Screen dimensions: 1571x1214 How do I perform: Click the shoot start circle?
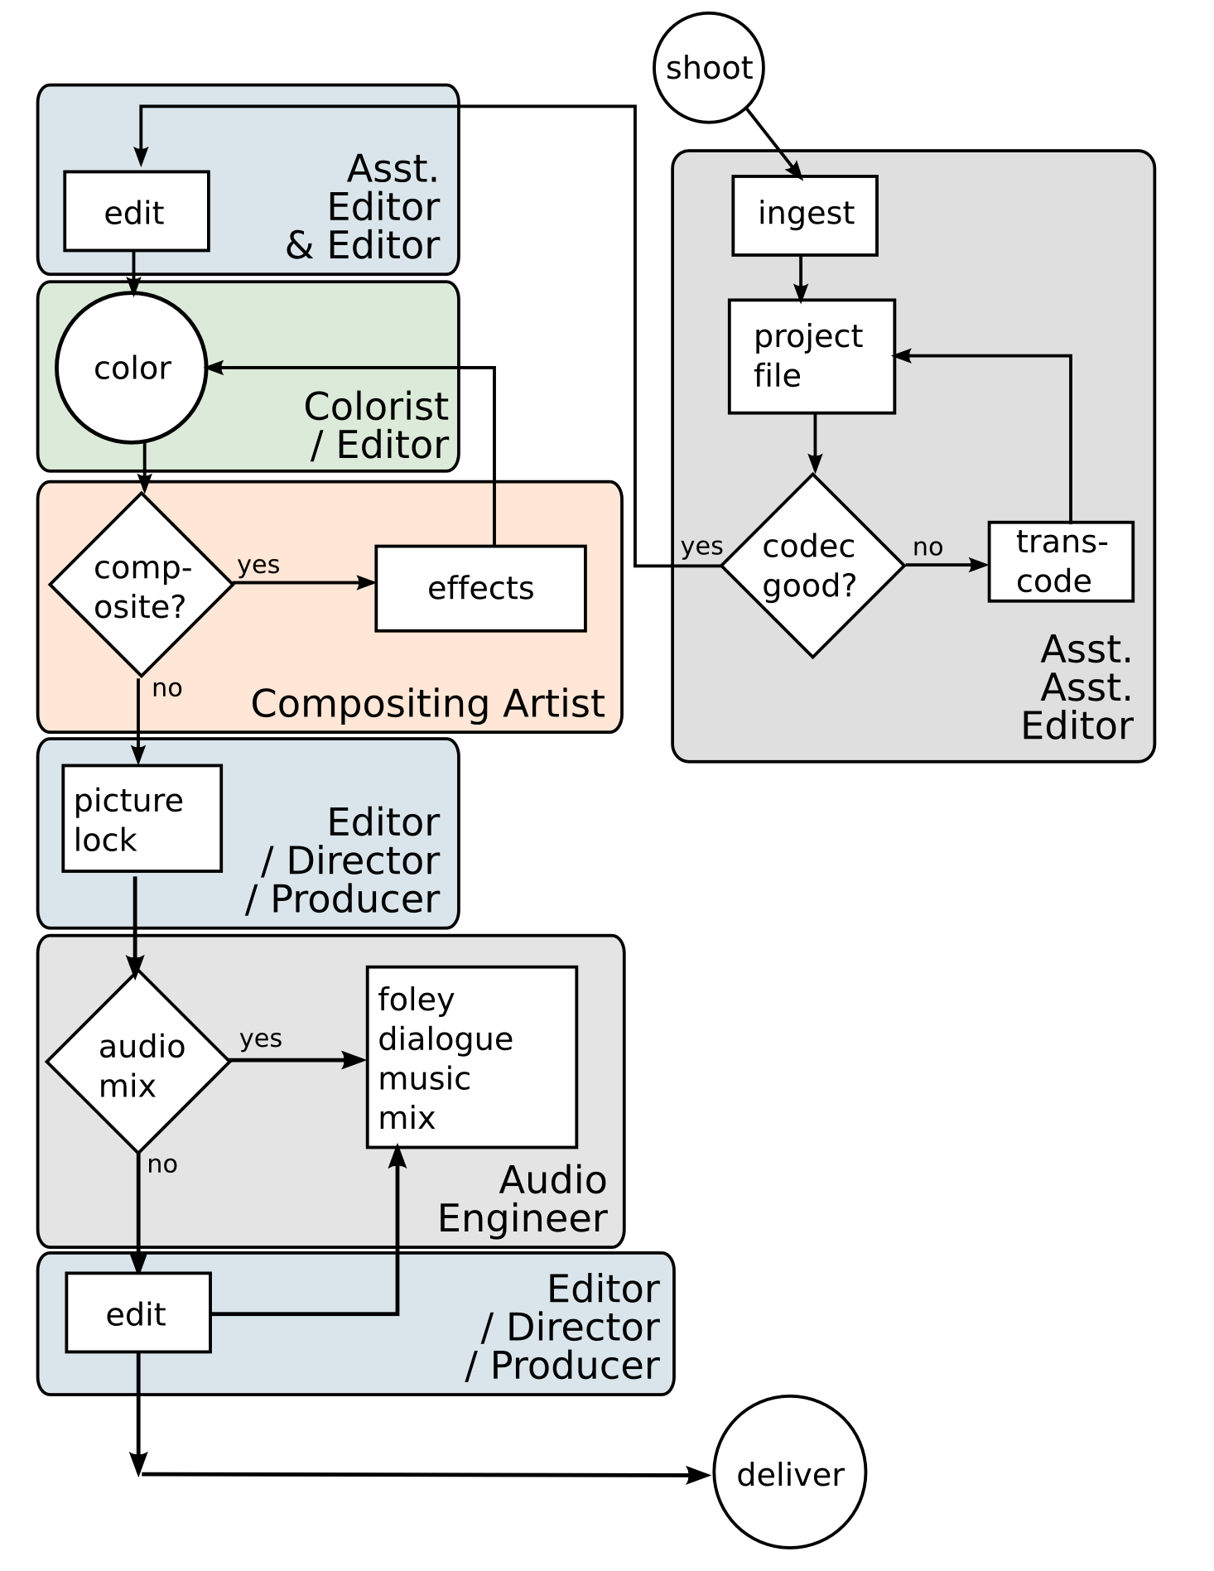[708, 68]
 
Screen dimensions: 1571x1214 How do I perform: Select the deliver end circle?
[789, 1472]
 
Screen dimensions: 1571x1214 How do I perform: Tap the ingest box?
[804, 214]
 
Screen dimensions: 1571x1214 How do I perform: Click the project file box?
[811, 356]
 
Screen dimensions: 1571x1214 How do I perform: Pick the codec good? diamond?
[812, 566]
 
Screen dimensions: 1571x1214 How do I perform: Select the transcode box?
[1060, 561]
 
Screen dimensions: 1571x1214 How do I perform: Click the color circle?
[132, 368]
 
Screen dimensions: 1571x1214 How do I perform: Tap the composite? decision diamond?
[141, 585]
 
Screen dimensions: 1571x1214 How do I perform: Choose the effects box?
[480, 588]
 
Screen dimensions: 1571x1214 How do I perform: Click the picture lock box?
[142, 818]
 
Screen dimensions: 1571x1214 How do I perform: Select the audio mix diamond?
[137, 1062]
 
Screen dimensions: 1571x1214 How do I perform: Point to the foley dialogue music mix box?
[471, 1057]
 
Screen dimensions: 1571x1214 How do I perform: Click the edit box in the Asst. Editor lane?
[136, 211]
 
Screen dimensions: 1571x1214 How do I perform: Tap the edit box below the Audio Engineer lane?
[137, 1313]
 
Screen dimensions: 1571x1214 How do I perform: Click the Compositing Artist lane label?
[427, 704]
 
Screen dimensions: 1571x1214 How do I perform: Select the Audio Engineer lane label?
[523, 1198]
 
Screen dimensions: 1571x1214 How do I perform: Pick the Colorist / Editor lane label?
[378, 426]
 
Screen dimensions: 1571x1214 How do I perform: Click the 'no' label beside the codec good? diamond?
[927, 547]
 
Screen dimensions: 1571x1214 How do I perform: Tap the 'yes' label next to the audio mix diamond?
[261, 1038]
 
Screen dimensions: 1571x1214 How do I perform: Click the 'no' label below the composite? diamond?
[166, 688]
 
